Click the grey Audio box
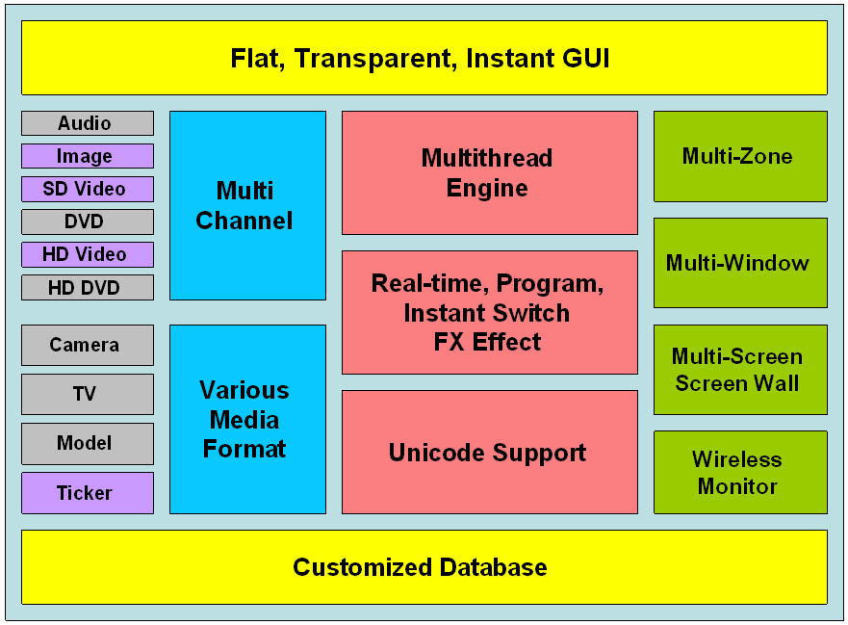click(x=88, y=123)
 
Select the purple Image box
click(x=88, y=156)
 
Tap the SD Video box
click(x=88, y=189)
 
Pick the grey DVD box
click(x=88, y=221)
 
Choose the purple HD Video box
click(x=88, y=254)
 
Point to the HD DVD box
click(x=88, y=287)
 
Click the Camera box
click(x=88, y=345)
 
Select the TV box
click(x=88, y=395)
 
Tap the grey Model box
click(x=88, y=444)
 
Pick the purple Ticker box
click(x=88, y=493)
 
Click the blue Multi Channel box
click(x=247, y=206)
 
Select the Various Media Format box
click(x=247, y=419)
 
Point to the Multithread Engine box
click(x=490, y=173)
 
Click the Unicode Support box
click(x=490, y=453)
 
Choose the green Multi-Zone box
click(x=740, y=156)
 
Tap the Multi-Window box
click(x=740, y=263)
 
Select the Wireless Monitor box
click(x=740, y=473)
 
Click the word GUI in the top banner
click(x=586, y=58)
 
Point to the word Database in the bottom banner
click(x=493, y=567)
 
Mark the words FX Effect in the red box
click(x=487, y=342)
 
